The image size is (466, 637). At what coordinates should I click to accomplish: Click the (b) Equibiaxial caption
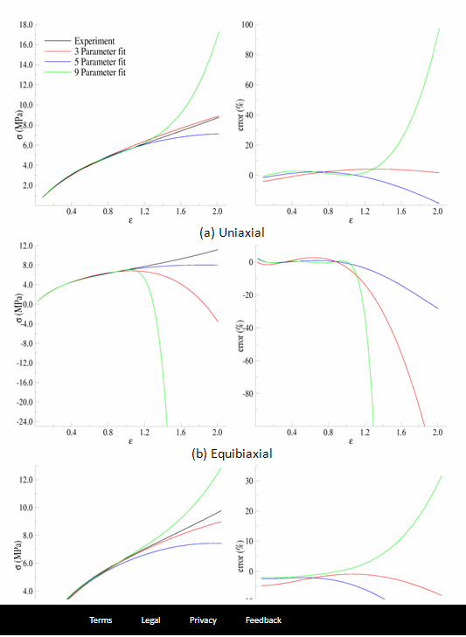(232, 454)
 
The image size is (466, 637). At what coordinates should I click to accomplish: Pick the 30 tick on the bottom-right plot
(248, 480)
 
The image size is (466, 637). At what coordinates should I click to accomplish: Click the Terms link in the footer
(101, 620)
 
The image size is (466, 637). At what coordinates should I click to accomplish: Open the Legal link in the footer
(150, 620)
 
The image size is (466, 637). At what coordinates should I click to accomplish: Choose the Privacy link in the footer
(203, 620)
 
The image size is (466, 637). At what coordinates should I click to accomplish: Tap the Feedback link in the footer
(263, 620)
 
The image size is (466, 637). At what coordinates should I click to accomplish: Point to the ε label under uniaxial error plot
(351, 221)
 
